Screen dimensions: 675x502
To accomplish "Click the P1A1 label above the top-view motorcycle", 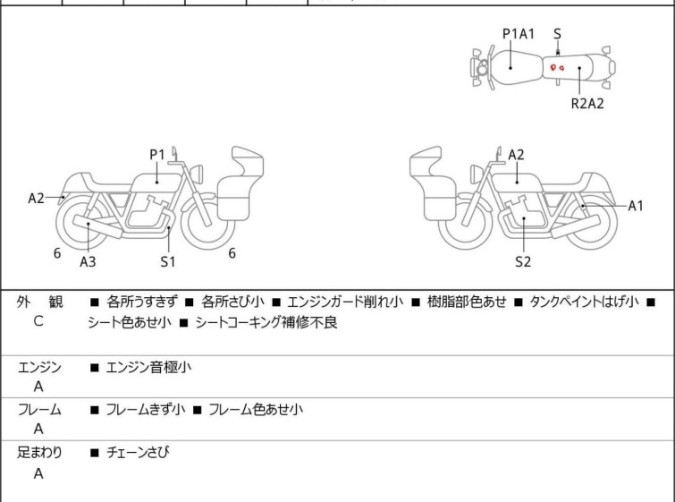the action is click(519, 34).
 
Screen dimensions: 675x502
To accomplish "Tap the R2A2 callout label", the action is click(587, 104).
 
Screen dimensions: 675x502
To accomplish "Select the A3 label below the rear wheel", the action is click(88, 261).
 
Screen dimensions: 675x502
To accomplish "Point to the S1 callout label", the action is click(168, 261).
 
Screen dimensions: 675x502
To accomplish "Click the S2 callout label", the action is click(523, 261).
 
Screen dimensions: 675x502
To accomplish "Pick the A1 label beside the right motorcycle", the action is click(636, 206).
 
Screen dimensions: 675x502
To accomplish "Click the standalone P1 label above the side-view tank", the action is click(157, 154).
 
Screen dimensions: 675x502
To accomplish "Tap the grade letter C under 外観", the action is click(38, 321).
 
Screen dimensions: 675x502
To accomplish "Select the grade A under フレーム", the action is click(38, 429).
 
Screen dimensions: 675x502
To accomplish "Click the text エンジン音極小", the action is click(148, 367).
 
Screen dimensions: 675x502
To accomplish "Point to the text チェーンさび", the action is click(138, 452).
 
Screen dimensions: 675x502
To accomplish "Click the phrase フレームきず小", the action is click(146, 409).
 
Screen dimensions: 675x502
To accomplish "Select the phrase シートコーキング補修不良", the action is click(266, 322).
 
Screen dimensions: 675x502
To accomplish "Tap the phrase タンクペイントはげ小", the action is click(584, 302).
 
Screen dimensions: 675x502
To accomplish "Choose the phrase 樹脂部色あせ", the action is click(467, 302).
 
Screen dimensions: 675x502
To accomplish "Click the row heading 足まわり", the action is click(39, 452).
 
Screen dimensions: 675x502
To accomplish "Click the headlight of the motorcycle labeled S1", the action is click(197, 174).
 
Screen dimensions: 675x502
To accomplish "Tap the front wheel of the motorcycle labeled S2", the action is click(465, 222).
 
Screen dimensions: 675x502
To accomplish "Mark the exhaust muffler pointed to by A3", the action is click(97, 226).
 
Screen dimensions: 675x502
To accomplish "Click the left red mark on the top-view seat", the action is click(553, 67).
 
